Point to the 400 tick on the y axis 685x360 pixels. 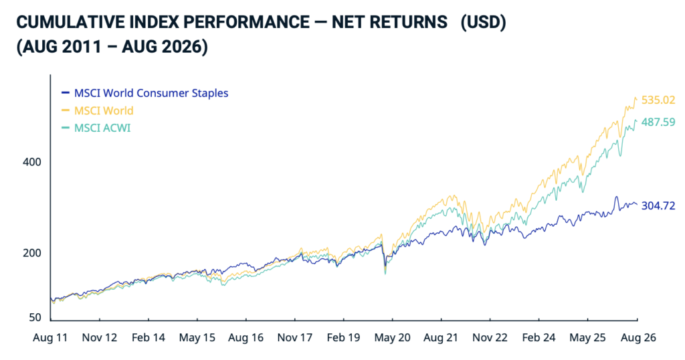click(32, 162)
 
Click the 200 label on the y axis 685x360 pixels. click(32, 253)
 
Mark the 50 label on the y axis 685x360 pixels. click(35, 318)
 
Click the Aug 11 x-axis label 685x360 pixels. click(50, 338)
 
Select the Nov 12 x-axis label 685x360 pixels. click(100, 338)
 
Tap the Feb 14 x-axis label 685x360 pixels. click(149, 338)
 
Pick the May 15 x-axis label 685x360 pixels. click(197, 338)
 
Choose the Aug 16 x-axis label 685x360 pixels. click(246, 338)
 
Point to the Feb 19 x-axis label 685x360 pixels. click(343, 338)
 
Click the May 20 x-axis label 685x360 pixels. click(392, 338)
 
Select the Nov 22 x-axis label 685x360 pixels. click(490, 338)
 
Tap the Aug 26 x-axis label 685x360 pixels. click(638, 338)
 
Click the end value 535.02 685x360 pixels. click(658, 100)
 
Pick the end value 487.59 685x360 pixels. click(658, 122)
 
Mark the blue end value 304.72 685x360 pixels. click(658, 206)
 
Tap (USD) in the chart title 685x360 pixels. click(483, 22)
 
